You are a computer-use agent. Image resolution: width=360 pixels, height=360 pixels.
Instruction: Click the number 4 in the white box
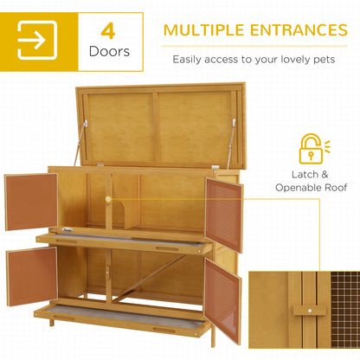point(107,31)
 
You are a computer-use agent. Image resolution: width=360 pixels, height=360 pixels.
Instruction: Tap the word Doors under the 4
point(108,52)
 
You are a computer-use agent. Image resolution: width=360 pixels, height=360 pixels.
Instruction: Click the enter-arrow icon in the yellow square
point(37,41)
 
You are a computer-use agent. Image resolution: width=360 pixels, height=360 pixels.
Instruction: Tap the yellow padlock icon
point(311,149)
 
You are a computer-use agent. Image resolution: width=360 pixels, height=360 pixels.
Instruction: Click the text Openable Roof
point(312,187)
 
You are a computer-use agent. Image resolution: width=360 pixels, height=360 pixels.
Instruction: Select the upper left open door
point(30,201)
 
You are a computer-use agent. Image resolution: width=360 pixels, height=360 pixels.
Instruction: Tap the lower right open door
point(222,299)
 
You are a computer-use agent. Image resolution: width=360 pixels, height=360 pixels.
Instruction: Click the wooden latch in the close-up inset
point(303,310)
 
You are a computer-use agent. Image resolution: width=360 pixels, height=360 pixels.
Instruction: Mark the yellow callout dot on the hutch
point(109,199)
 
